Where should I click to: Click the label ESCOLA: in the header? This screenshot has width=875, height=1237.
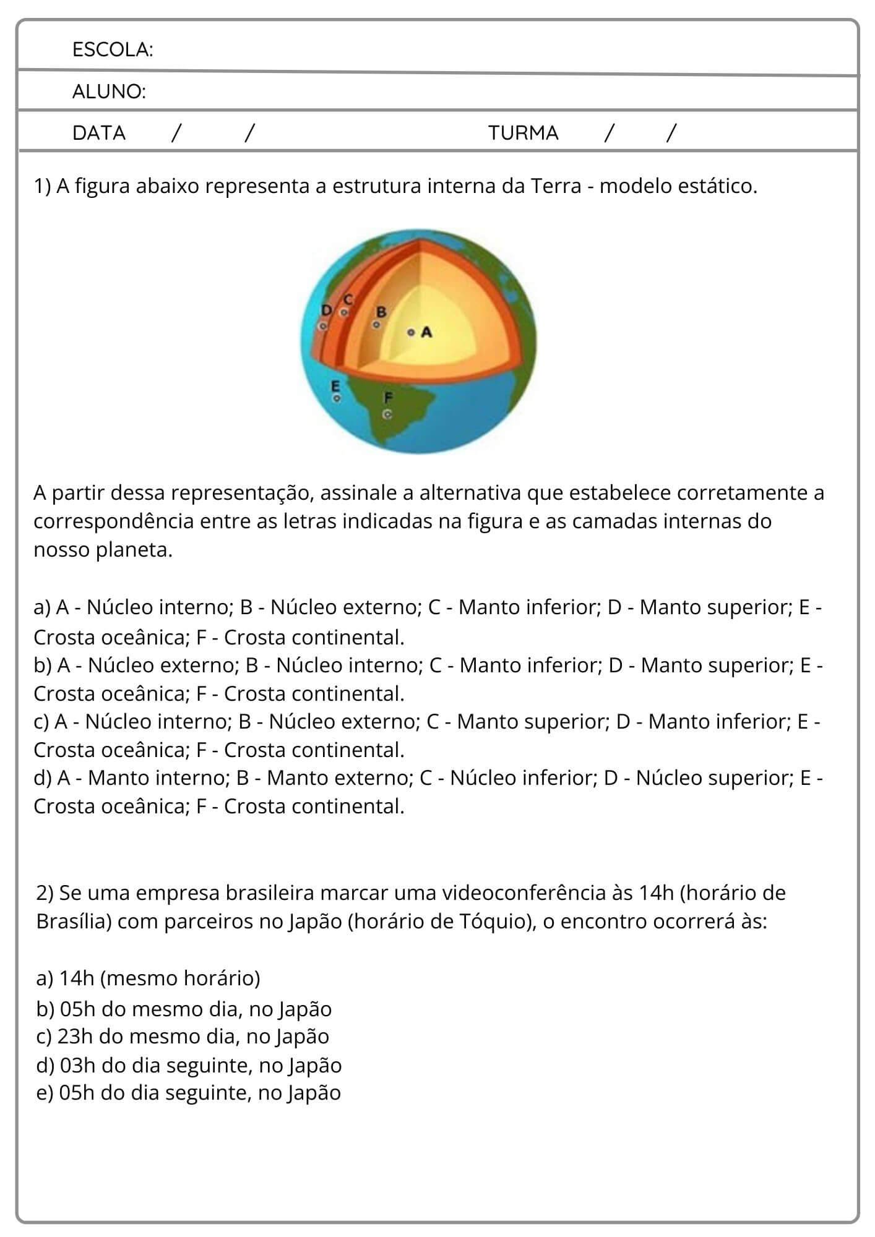click(112, 49)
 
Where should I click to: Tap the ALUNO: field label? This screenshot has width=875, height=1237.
click(109, 92)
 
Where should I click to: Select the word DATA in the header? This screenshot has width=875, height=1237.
click(99, 133)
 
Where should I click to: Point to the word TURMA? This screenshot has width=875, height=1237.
click(523, 133)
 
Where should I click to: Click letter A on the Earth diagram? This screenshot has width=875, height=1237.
click(426, 332)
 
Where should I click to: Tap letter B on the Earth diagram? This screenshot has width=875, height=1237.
click(381, 312)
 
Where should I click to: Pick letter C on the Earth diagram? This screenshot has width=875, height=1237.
click(348, 300)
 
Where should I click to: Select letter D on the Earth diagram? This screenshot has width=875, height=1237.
click(326, 310)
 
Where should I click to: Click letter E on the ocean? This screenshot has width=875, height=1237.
click(336, 386)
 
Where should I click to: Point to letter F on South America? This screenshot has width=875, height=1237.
click(388, 396)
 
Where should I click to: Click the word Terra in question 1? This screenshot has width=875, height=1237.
click(556, 186)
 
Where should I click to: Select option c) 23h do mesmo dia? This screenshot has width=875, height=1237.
click(183, 1036)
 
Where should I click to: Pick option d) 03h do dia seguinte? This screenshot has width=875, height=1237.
click(189, 1065)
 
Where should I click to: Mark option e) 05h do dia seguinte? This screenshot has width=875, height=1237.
click(189, 1093)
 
